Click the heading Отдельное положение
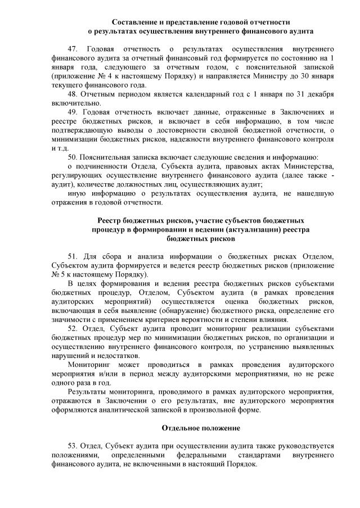196,428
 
